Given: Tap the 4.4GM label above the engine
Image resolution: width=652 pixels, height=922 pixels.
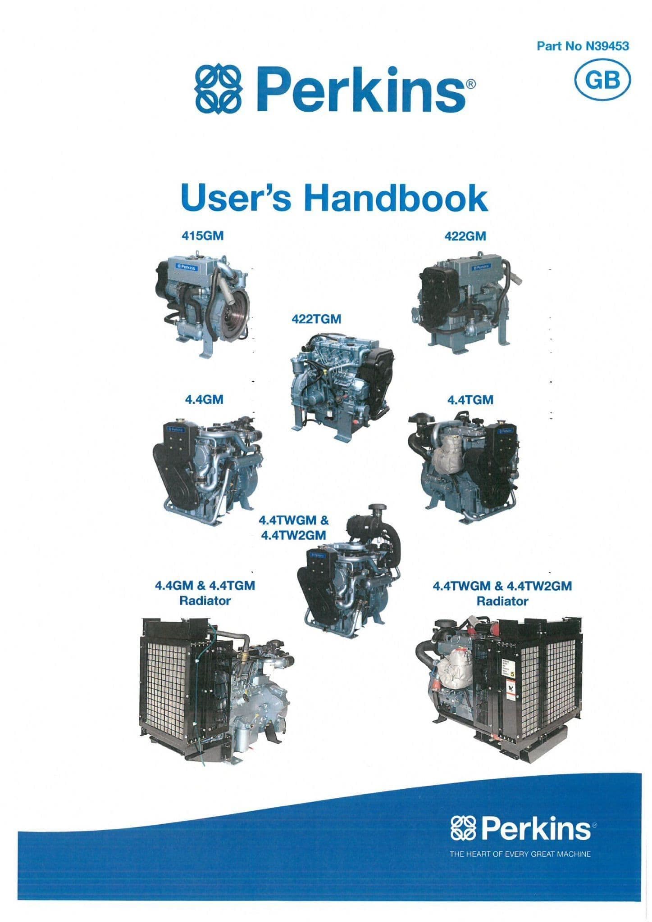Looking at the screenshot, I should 204,399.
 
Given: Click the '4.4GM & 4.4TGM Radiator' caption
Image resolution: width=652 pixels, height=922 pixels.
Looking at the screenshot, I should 205,593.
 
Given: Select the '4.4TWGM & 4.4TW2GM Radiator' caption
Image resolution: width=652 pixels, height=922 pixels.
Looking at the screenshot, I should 502,593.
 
